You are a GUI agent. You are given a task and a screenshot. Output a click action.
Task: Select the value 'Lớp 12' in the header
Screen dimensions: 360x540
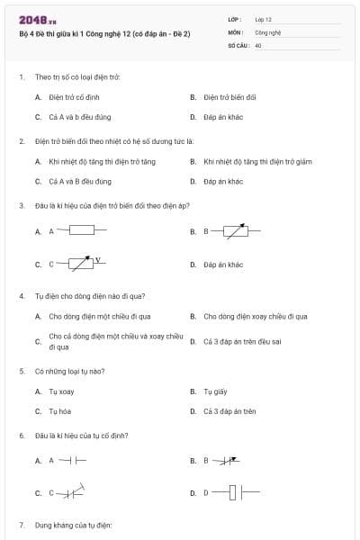(264, 18)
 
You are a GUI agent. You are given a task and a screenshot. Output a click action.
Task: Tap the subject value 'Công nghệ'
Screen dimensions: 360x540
(268, 31)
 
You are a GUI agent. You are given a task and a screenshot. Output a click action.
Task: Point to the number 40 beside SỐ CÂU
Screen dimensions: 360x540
(258, 44)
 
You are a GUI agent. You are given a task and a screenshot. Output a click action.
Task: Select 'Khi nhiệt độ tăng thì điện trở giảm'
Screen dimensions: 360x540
(257, 161)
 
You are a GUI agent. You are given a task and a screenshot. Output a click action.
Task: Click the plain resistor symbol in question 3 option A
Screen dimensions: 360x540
(82, 230)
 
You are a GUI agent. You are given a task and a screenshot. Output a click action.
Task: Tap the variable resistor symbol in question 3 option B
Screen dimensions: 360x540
(236, 231)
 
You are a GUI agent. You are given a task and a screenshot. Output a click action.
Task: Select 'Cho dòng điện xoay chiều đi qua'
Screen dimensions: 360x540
(256, 316)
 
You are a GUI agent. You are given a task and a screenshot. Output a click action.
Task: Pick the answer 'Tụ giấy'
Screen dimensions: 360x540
(215, 391)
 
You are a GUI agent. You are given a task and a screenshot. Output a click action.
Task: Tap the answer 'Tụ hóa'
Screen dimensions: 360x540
(61, 411)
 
